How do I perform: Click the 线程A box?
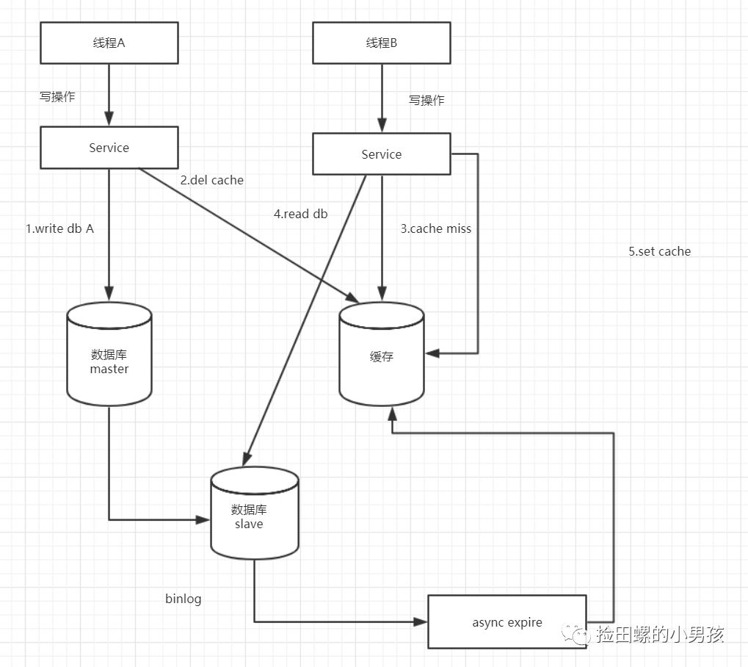[109, 43]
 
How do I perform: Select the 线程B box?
[382, 43]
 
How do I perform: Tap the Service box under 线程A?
[109, 148]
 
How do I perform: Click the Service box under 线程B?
[382, 154]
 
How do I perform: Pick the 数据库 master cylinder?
[109, 356]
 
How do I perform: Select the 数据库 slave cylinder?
[254, 514]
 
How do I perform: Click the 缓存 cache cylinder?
[382, 356]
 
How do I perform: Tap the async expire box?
[506, 622]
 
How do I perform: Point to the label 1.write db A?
[60, 228]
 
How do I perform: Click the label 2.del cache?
[212, 180]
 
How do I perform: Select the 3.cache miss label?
[436, 228]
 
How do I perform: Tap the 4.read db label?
[301, 214]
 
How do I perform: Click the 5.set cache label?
[659, 251]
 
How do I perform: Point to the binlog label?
[184, 599]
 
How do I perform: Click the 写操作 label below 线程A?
[57, 96]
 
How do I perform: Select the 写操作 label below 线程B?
[426, 100]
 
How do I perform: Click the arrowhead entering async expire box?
[421, 621]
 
